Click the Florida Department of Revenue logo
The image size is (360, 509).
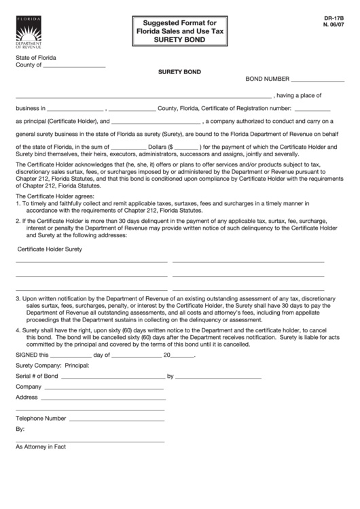(x=28, y=32)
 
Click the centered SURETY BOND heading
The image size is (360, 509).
(x=179, y=71)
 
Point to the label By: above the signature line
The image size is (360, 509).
(x=20, y=430)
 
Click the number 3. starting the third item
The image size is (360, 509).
(x=18, y=298)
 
